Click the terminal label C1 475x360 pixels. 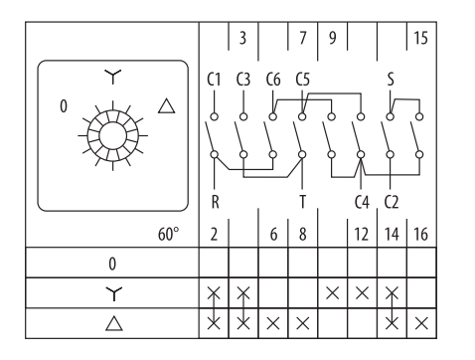(214, 80)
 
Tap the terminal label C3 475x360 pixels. (243, 80)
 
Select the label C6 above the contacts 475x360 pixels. (273, 80)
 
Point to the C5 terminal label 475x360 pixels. (302, 80)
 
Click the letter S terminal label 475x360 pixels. (391, 80)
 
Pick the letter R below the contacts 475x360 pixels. (215, 202)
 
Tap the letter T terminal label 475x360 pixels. (302, 202)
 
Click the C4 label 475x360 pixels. (362, 202)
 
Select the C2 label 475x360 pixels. (392, 202)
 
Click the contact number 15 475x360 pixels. (420, 38)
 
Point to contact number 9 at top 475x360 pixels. (332, 38)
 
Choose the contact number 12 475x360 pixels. (362, 234)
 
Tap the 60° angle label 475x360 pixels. (168, 234)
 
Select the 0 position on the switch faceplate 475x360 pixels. (64, 106)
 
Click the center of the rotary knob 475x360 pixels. (113, 135)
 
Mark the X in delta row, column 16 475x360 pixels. (421, 323)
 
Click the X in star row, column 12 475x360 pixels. (362, 293)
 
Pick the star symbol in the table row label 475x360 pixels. (113, 293)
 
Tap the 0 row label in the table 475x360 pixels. (112, 264)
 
